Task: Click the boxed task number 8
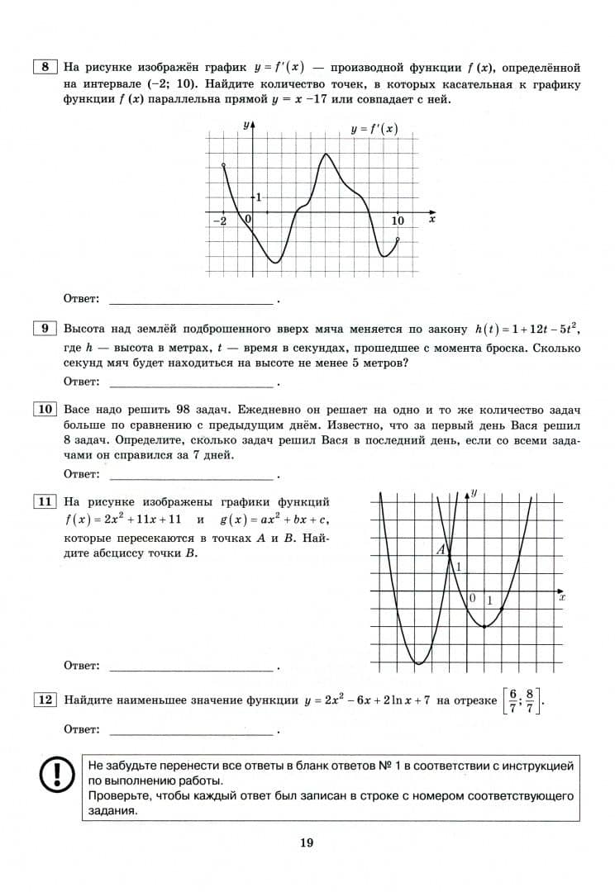pos(45,66)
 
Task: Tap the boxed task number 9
pos(45,329)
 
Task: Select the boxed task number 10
pos(45,410)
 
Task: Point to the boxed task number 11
pos(45,501)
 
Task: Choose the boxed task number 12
pos(45,700)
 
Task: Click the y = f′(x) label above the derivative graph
pos(374,129)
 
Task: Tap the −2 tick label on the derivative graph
pos(222,221)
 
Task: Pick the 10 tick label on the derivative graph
pos(398,221)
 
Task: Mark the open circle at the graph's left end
pos(224,166)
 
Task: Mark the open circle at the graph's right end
pos(398,240)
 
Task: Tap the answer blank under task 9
pos(190,382)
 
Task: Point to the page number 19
pos(307,842)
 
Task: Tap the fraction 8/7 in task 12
pos(531,700)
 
